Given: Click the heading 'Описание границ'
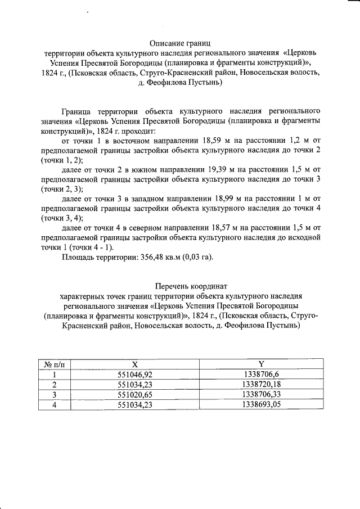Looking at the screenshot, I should click(x=179, y=43).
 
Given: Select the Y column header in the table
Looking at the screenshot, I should click(x=260, y=364).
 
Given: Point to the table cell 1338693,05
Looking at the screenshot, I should click(x=260, y=405).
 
